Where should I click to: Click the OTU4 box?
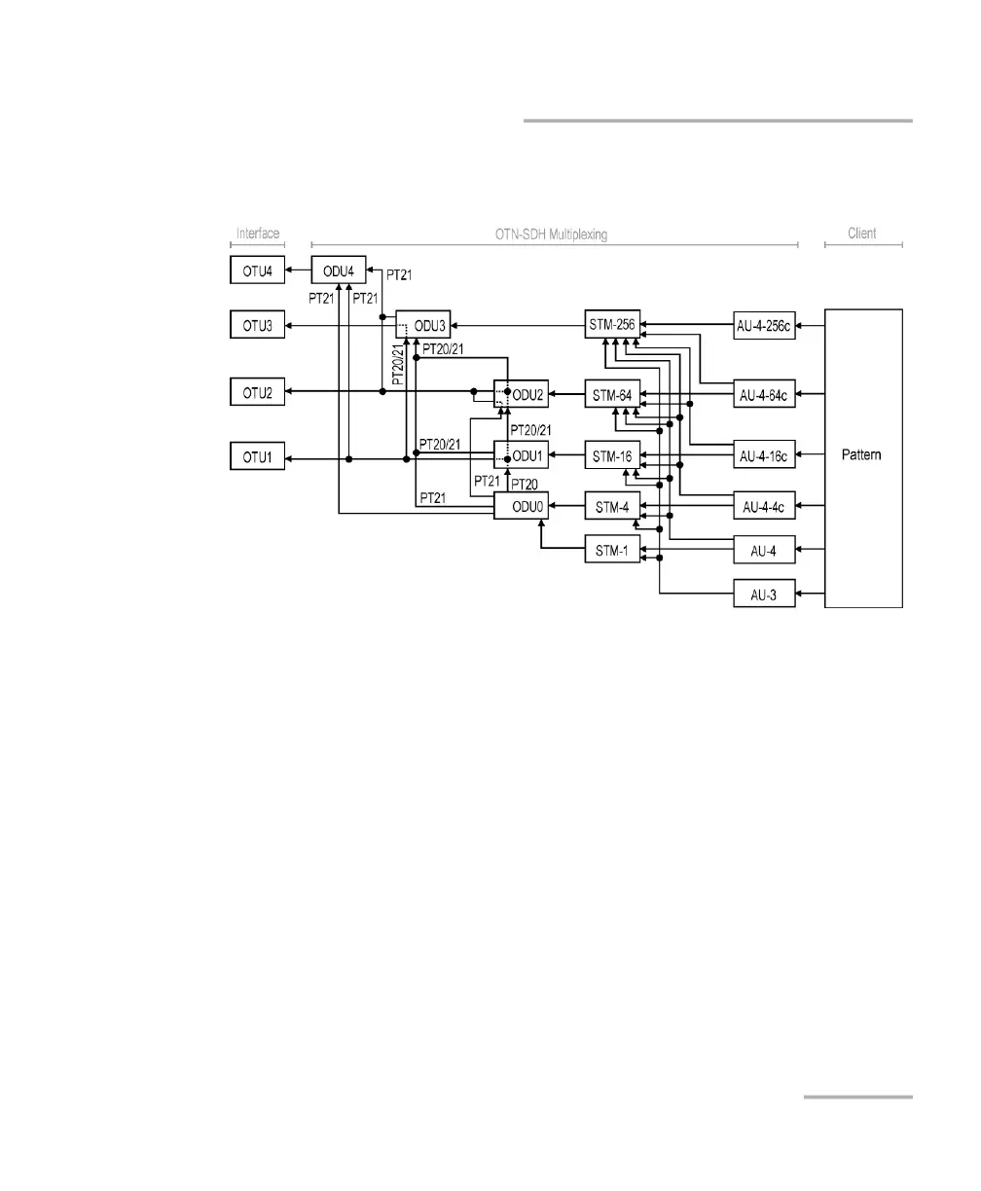(x=257, y=270)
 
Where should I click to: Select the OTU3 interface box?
(x=257, y=324)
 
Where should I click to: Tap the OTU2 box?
(x=257, y=391)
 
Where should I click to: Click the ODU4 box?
(x=338, y=270)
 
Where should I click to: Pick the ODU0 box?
(x=521, y=506)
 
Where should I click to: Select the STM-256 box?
(x=612, y=324)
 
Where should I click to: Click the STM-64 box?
(x=612, y=395)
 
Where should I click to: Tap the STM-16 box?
(x=612, y=456)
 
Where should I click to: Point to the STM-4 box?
(x=612, y=506)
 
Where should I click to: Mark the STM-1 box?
(x=612, y=550)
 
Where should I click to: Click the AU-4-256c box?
(x=765, y=324)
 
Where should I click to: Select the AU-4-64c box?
(x=765, y=395)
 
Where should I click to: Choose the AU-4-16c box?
(x=765, y=456)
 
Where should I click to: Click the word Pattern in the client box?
(x=862, y=455)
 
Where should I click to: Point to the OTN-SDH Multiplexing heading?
(x=552, y=234)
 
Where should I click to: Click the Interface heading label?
(x=257, y=234)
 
